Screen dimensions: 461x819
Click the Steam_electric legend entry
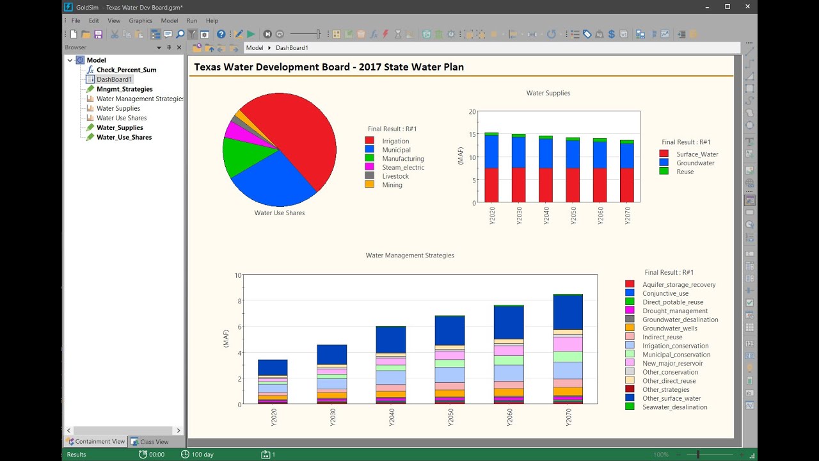coord(403,168)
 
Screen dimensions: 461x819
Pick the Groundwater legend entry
coord(695,163)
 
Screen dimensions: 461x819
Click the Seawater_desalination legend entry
coord(674,407)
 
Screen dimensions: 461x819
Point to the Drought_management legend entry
coord(674,311)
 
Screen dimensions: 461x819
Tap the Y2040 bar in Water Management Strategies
coord(390,365)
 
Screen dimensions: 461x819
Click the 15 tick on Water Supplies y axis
coord(472,134)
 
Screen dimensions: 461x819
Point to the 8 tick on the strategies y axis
coord(238,301)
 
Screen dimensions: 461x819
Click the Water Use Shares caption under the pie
coord(280,213)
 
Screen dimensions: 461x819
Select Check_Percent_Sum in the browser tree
coord(126,70)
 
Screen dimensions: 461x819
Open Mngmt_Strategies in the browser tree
coord(124,89)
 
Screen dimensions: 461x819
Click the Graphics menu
coord(140,20)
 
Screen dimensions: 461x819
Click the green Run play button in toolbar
coord(251,34)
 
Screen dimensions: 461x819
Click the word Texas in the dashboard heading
coord(210,67)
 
